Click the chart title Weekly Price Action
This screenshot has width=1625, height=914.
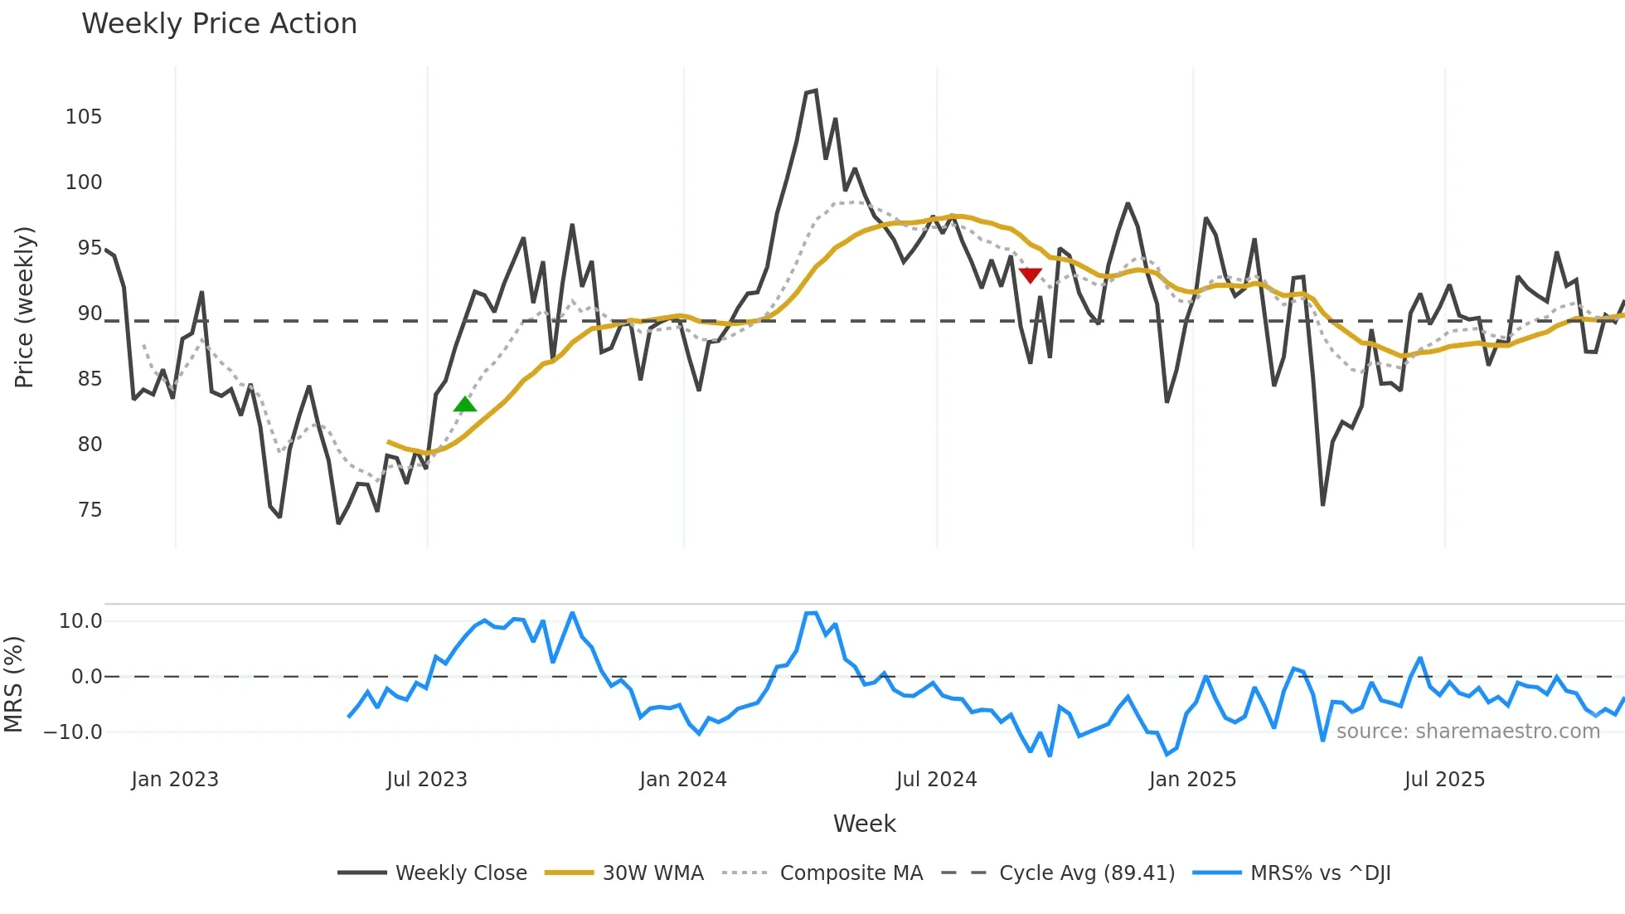click(219, 24)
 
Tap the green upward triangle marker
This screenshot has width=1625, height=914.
click(465, 405)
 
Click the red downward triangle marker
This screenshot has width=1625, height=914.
click(1030, 275)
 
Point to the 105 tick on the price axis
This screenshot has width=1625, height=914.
click(84, 117)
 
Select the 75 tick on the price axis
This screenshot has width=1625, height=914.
click(90, 510)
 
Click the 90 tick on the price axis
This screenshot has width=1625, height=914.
click(90, 314)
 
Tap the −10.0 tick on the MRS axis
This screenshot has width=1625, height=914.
click(73, 732)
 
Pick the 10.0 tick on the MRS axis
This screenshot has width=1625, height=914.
click(80, 621)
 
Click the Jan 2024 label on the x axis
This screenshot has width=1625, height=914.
click(682, 780)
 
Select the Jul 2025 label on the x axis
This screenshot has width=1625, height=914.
click(1444, 780)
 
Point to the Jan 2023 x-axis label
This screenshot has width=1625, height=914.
click(175, 780)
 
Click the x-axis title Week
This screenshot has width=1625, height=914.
click(864, 824)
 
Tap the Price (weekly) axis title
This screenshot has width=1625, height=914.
click(25, 307)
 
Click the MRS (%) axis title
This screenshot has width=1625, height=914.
click(14, 684)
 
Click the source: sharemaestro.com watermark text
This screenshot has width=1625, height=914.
click(1467, 732)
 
